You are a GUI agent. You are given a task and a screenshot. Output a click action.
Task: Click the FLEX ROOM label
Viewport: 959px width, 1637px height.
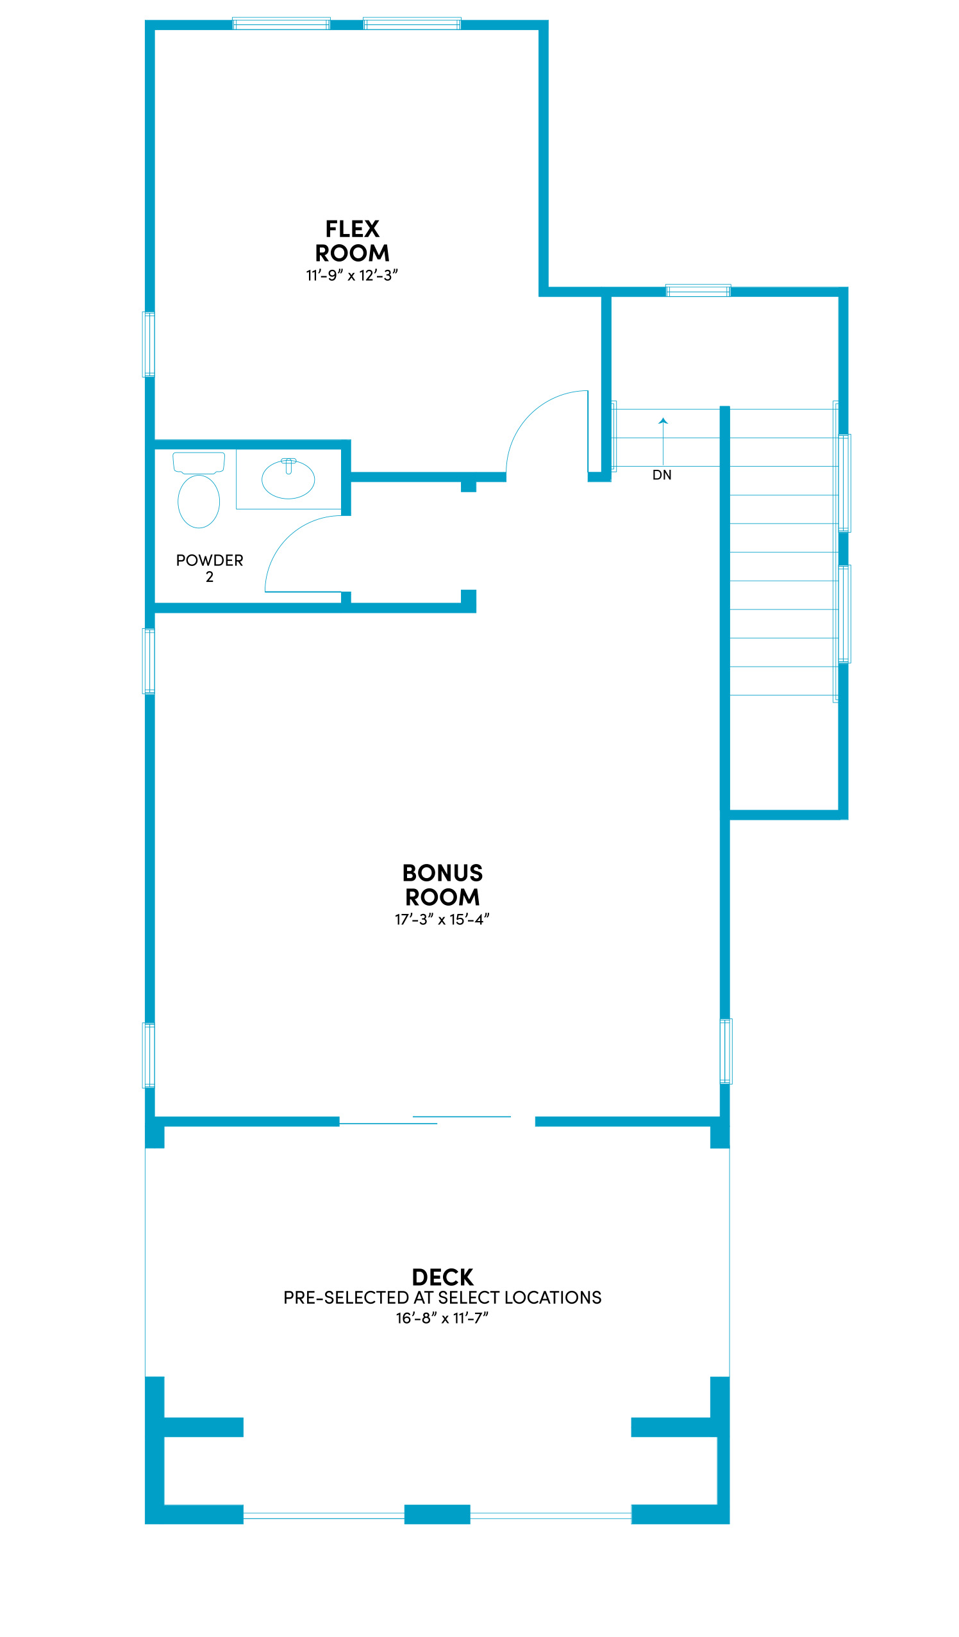click(352, 241)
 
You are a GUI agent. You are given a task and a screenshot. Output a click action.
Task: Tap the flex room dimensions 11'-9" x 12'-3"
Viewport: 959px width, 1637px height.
click(351, 276)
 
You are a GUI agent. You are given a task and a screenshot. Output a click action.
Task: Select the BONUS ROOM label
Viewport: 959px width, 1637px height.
click(442, 885)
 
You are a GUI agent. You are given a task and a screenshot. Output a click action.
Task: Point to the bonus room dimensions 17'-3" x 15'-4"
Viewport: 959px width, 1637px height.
click(442, 919)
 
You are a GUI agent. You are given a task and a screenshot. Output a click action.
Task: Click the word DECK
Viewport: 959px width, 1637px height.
click(442, 1277)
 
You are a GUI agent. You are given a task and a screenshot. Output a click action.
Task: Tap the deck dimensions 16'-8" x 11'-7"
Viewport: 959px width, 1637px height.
click(442, 1318)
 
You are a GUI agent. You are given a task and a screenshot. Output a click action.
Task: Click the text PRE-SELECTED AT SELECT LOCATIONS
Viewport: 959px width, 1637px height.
click(442, 1298)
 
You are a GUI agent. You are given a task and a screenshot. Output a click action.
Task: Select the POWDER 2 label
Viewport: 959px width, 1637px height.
click(209, 569)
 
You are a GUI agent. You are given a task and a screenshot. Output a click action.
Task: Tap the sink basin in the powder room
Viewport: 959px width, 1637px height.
click(288, 479)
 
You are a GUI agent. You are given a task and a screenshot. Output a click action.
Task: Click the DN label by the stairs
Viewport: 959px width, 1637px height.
click(662, 475)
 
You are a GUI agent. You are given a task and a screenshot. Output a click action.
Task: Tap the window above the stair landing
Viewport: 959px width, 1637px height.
click(698, 290)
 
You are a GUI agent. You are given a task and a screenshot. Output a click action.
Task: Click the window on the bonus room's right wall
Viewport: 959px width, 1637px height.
click(726, 1051)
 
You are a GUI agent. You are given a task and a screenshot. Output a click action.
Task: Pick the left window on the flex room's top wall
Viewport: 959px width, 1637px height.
click(281, 24)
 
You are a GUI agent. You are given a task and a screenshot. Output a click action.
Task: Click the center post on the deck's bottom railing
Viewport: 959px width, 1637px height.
click(437, 1514)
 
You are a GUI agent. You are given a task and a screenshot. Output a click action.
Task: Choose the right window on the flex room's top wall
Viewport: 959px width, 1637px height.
click(412, 24)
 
